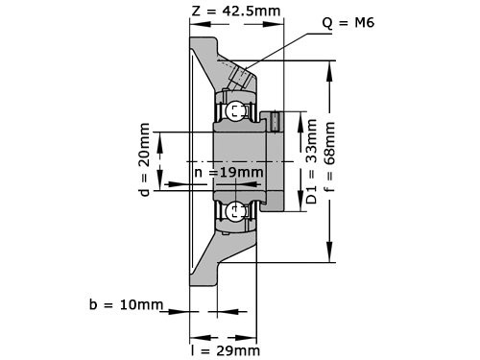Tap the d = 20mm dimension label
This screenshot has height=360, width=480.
click(x=144, y=159)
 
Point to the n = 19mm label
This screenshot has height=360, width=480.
click(x=228, y=173)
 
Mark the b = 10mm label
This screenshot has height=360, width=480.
click(x=127, y=304)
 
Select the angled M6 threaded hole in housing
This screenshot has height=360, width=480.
click(x=241, y=75)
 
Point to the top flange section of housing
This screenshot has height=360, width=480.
click(x=204, y=54)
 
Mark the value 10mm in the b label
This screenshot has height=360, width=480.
click(x=140, y=304)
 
